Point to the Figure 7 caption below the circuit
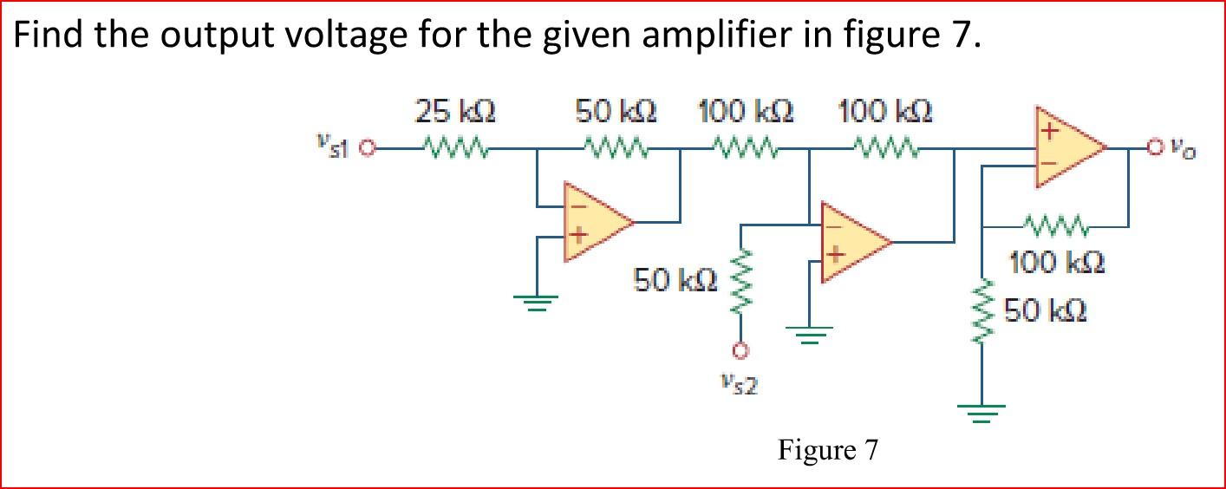(x=827, y=450)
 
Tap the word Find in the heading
(x=51, y=36)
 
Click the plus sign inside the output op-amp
(x=1050, y=133)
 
